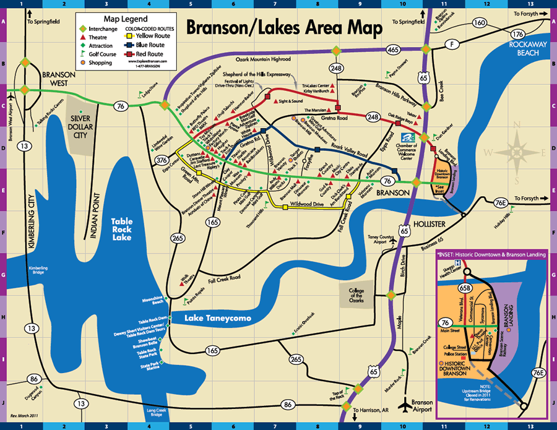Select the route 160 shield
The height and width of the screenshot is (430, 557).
point(479,23)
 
